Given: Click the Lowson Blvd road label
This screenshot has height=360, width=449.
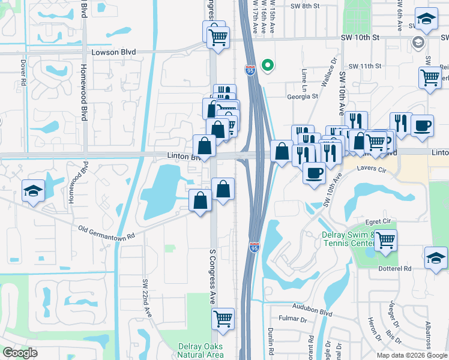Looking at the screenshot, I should click(113, 52).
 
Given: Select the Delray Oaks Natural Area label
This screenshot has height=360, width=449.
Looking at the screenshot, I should click(200, 351).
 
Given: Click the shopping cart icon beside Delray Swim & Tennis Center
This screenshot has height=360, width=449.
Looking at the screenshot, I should click(385, 240).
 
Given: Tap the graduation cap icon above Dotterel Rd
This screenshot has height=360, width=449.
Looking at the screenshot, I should click(436, 257).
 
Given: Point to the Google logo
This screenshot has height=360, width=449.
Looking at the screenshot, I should click(20, 352).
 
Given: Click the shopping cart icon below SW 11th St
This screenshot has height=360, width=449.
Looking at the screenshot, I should click(430, 77).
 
